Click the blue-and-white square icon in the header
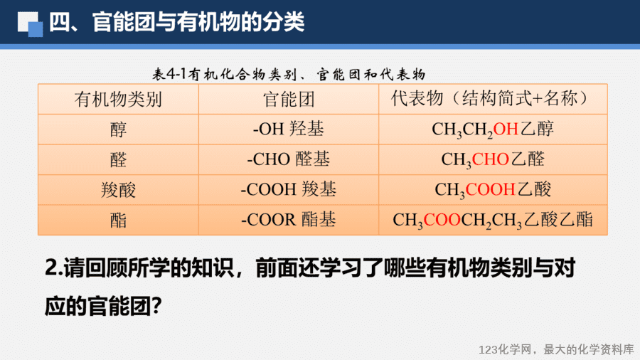(30, 23)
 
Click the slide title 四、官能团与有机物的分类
(177, 21)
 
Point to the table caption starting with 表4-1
(289, 74)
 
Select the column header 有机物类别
(118, 99)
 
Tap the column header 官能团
(289, 99)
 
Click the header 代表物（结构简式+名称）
(493, 98)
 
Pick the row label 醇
(118, 129)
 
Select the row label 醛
(118, 159)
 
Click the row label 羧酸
(118, 190)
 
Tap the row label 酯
(118, 220)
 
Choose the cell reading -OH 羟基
(289, 129)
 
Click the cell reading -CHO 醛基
(289, 159)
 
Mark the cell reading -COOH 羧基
(289, 189)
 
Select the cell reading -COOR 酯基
(289, 219)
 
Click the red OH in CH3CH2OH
(506, 129)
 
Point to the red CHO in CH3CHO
(490, 159)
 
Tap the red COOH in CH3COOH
(490, 189)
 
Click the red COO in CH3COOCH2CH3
(442, 220)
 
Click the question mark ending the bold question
(157, 306)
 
